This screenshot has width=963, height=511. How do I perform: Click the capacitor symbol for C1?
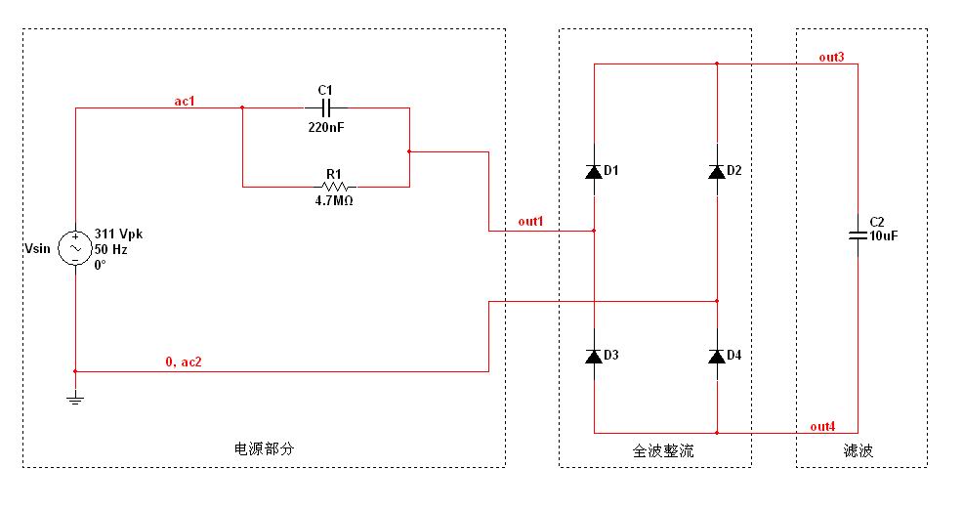point(326,107)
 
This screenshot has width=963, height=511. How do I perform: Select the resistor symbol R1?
point(334,186)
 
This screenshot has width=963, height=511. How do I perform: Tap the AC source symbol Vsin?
point(75,249)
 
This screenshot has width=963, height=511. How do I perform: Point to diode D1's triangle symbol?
point(594,172)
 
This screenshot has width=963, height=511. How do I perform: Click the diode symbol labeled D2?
point(716,172)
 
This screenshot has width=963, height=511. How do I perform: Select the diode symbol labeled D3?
point(594,356)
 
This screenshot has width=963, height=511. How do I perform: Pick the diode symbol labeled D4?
point(716,356)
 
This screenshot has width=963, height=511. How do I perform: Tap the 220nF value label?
point(326,127)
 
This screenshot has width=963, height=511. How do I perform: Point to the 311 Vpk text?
point(118,234)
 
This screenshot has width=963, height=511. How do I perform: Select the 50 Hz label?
point(109,249)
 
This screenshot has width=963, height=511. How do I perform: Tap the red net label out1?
point(530,222)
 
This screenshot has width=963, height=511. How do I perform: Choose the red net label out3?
point(831,58)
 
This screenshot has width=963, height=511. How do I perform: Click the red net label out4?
point(822,426)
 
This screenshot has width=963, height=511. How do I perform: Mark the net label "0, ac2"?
point(184,362)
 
